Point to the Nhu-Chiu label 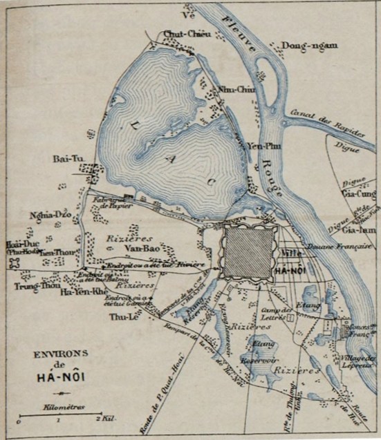click(x=233, y=88)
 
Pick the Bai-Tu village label click(x=68, y=160)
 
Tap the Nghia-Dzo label click(x=47, y=216)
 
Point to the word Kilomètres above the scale click(x=62, y=407)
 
